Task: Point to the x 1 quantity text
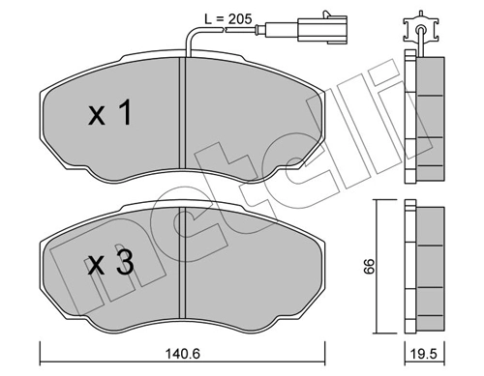[x=108, y=116]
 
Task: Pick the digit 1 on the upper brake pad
[x=124, y=116]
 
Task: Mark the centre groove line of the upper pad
[x=183, y=107]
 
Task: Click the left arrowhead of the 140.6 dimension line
[x=42, y=349]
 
